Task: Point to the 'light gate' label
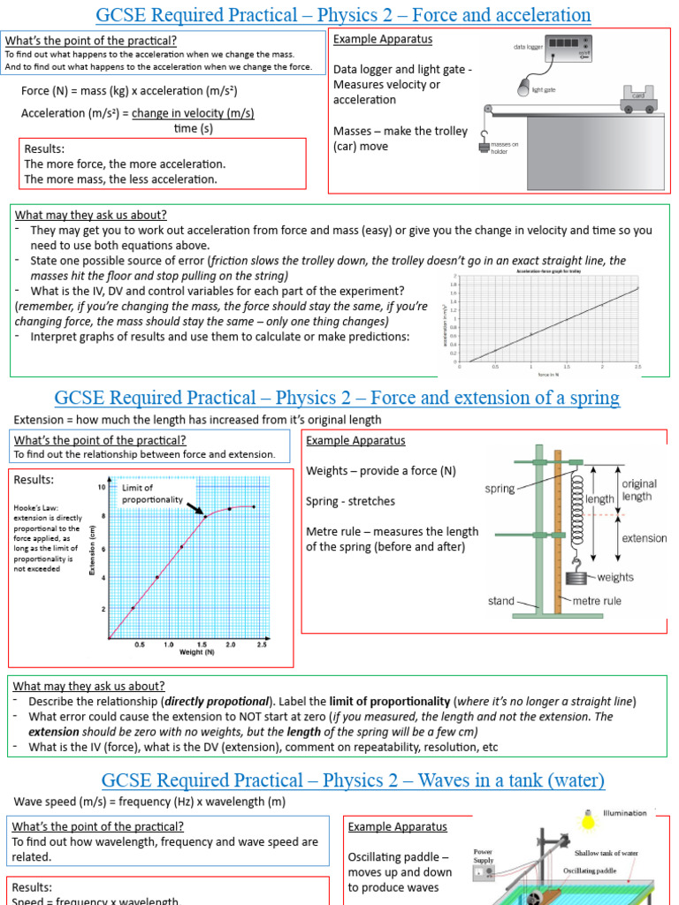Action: point(544,89)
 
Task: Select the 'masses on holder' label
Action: point(506,148)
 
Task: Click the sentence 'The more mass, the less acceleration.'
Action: point(120,179)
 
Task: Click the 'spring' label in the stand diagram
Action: point(500,489)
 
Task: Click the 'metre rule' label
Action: point(597,601)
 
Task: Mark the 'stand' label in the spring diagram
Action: point(501,601)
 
